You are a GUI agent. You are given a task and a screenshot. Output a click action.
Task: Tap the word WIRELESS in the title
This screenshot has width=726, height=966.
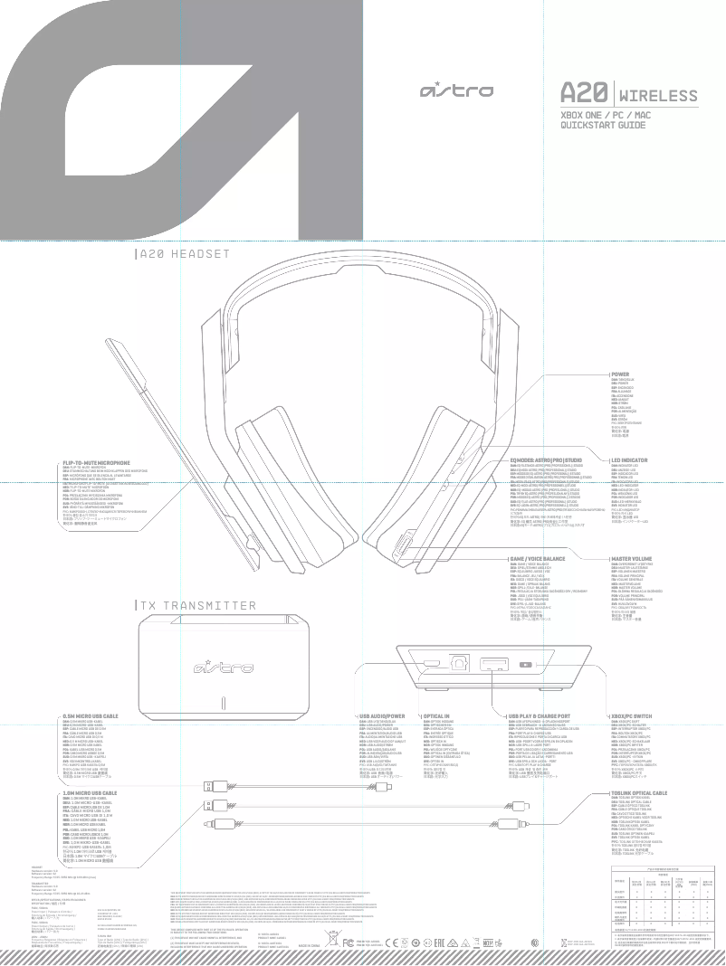[x=658, y=96]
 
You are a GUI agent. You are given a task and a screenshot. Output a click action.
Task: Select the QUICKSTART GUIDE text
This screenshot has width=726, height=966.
[x=603, y=125]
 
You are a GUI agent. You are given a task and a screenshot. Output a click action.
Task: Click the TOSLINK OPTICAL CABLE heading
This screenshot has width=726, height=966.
[x=638, y=791]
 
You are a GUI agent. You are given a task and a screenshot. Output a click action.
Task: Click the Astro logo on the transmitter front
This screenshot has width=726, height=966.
[x=222, y=668]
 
